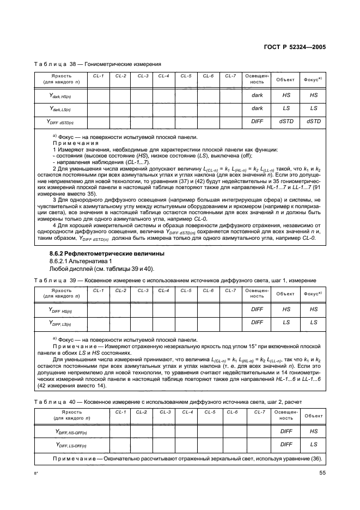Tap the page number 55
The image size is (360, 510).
tap(322, 473)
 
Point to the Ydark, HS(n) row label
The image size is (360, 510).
tap(61, 95)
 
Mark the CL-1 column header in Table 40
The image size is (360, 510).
tap(121, 412)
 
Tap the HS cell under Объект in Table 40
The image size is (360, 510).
tap(313, 431)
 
